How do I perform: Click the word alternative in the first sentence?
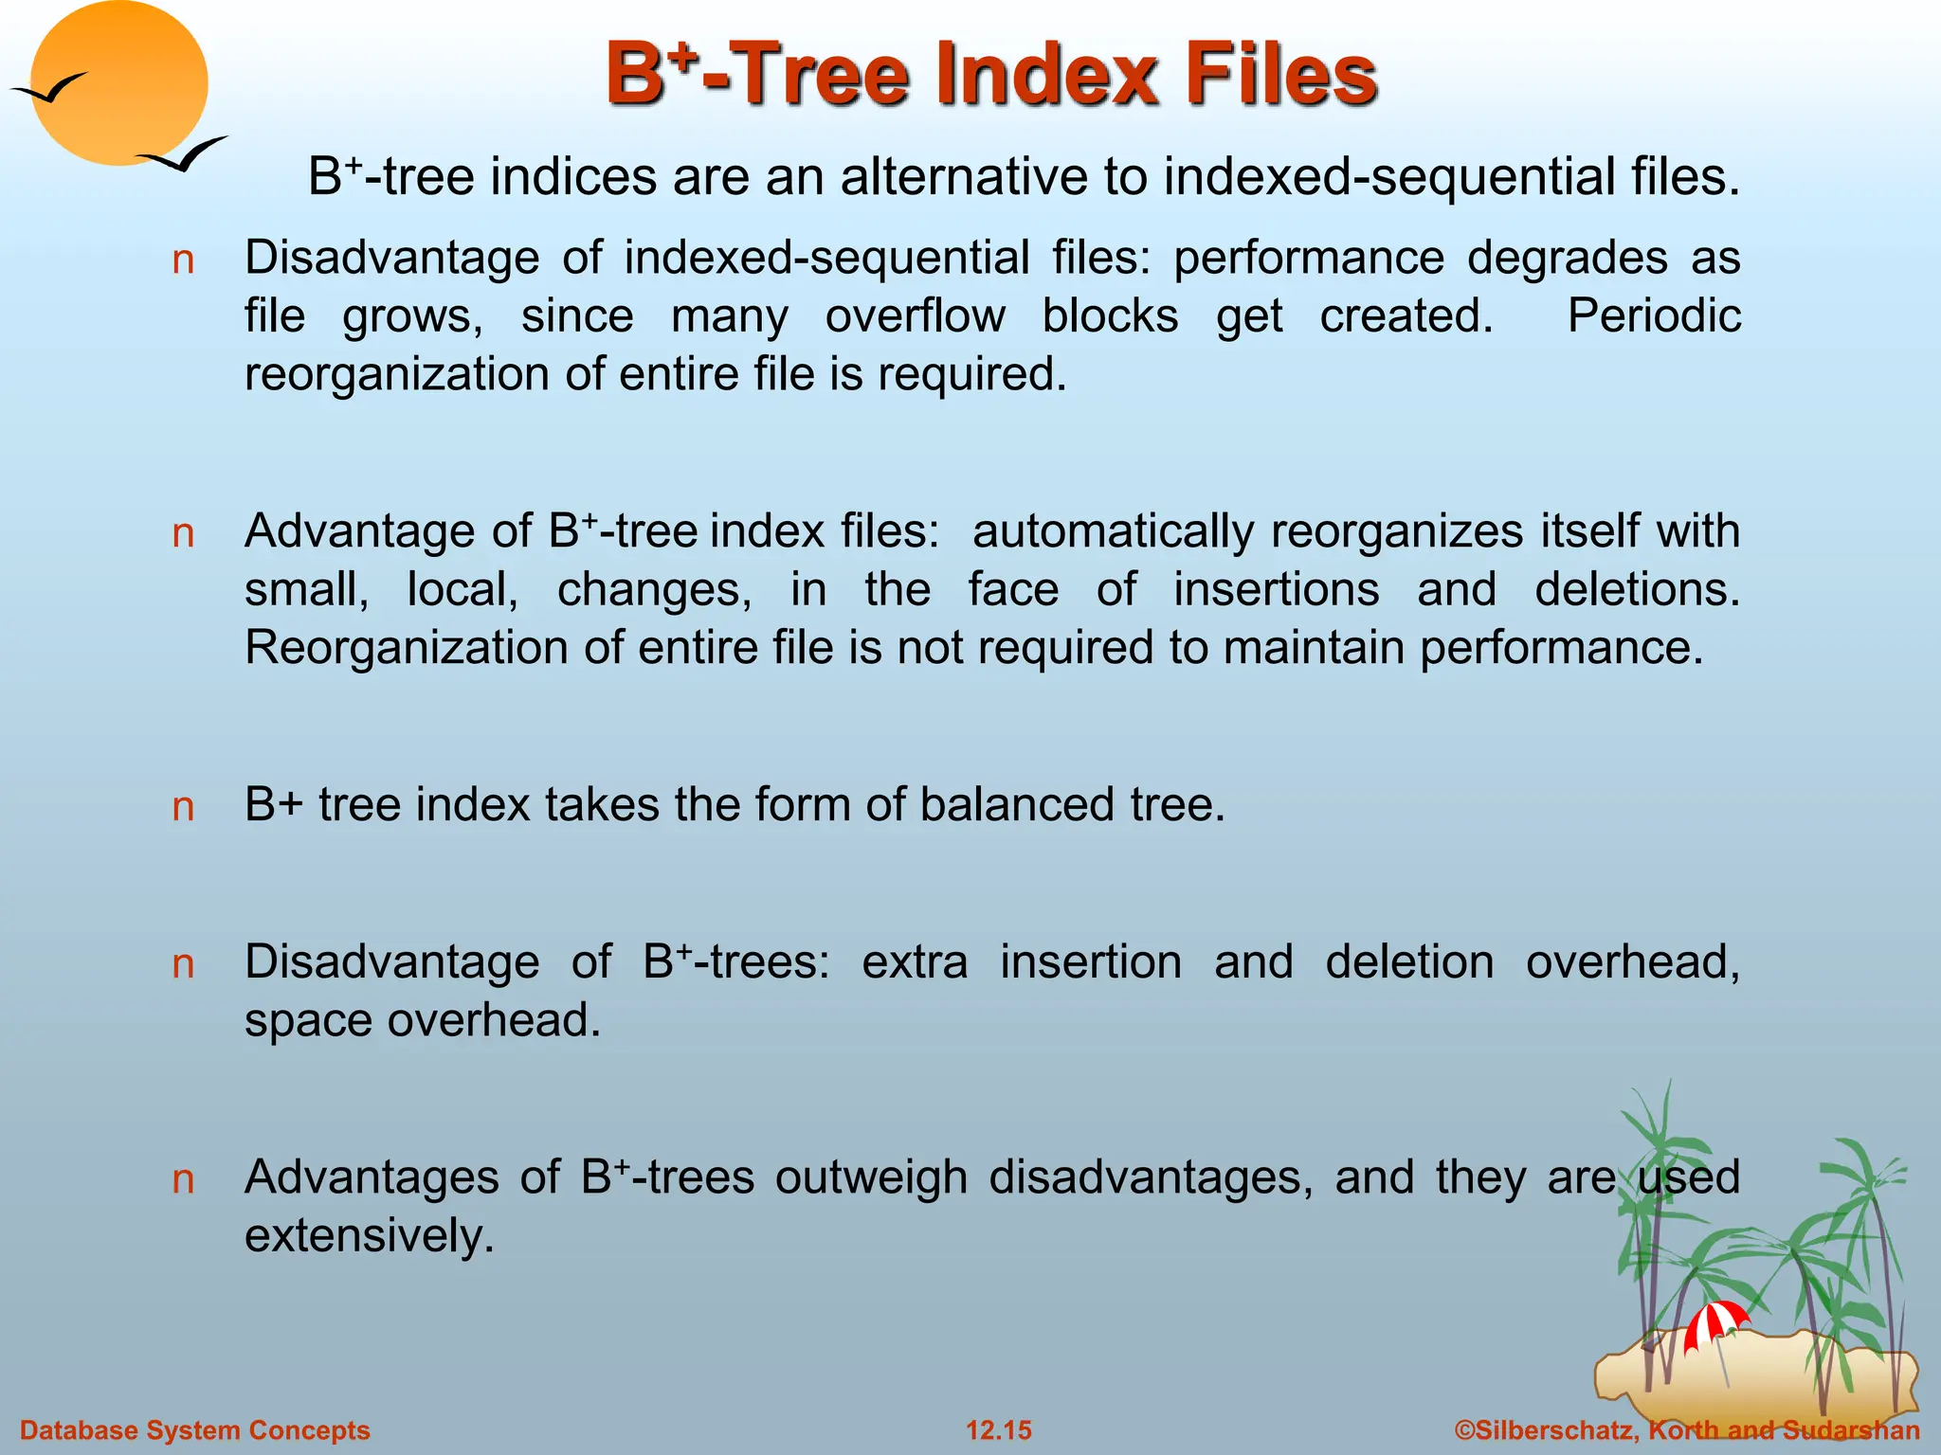(976, 177)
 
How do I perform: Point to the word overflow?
(915, 315)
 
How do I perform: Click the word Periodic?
(1653, 315)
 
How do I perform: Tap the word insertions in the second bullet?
(1276, 589)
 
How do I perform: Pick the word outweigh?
(873, 1177)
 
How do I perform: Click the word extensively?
(369, 1236)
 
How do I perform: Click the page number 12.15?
(998, 1430)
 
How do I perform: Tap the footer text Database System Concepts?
(195, 1430)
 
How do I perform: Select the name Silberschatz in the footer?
(1554, 1430)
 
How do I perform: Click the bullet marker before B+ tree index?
(183, 807)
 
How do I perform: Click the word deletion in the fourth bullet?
(1408, 962)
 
